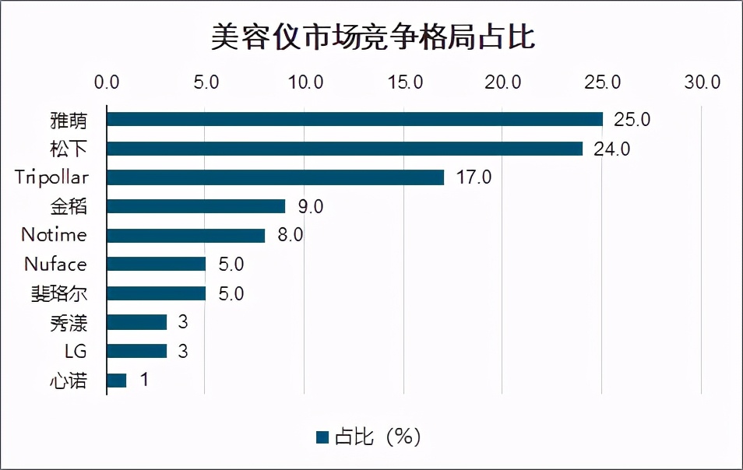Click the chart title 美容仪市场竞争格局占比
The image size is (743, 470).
pyautogui.click(x=372, y=37)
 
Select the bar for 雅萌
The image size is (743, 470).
pyautogui.click(x=354, y=119)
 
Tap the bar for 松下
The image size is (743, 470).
pyautogui.click(x=344, y=149)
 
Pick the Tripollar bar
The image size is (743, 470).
pyautogui.click(x=275, y=177)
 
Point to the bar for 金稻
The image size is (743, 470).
pyautogui.click(x=195, y=206)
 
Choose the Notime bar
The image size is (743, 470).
pyautogui.click(x=185, y=235)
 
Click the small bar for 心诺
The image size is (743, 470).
pyautogui.click(x=116, y=381)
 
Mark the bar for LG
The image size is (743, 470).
pyautogui.click(x=136, y=351)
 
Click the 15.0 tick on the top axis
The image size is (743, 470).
pyautogui.click(x=404, y=82)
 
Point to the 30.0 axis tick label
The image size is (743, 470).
pyautogui.click(x=702, y=82)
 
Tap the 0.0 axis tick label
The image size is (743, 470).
pyautogui.click(x=106, y=82)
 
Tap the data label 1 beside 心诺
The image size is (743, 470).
pyautogui.click(x=143, y=381)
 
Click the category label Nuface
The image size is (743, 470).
pyautogui.click(x=55, y=265)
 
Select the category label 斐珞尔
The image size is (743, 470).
pyautogui.click(x=65, y=293)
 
